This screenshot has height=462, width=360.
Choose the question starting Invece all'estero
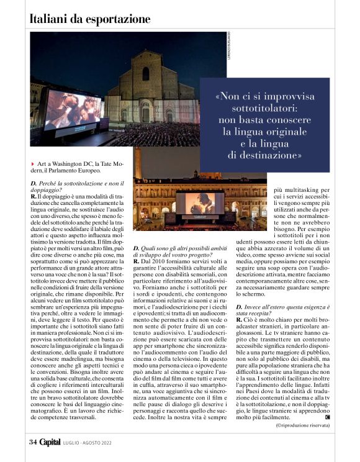tap(298, 325)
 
